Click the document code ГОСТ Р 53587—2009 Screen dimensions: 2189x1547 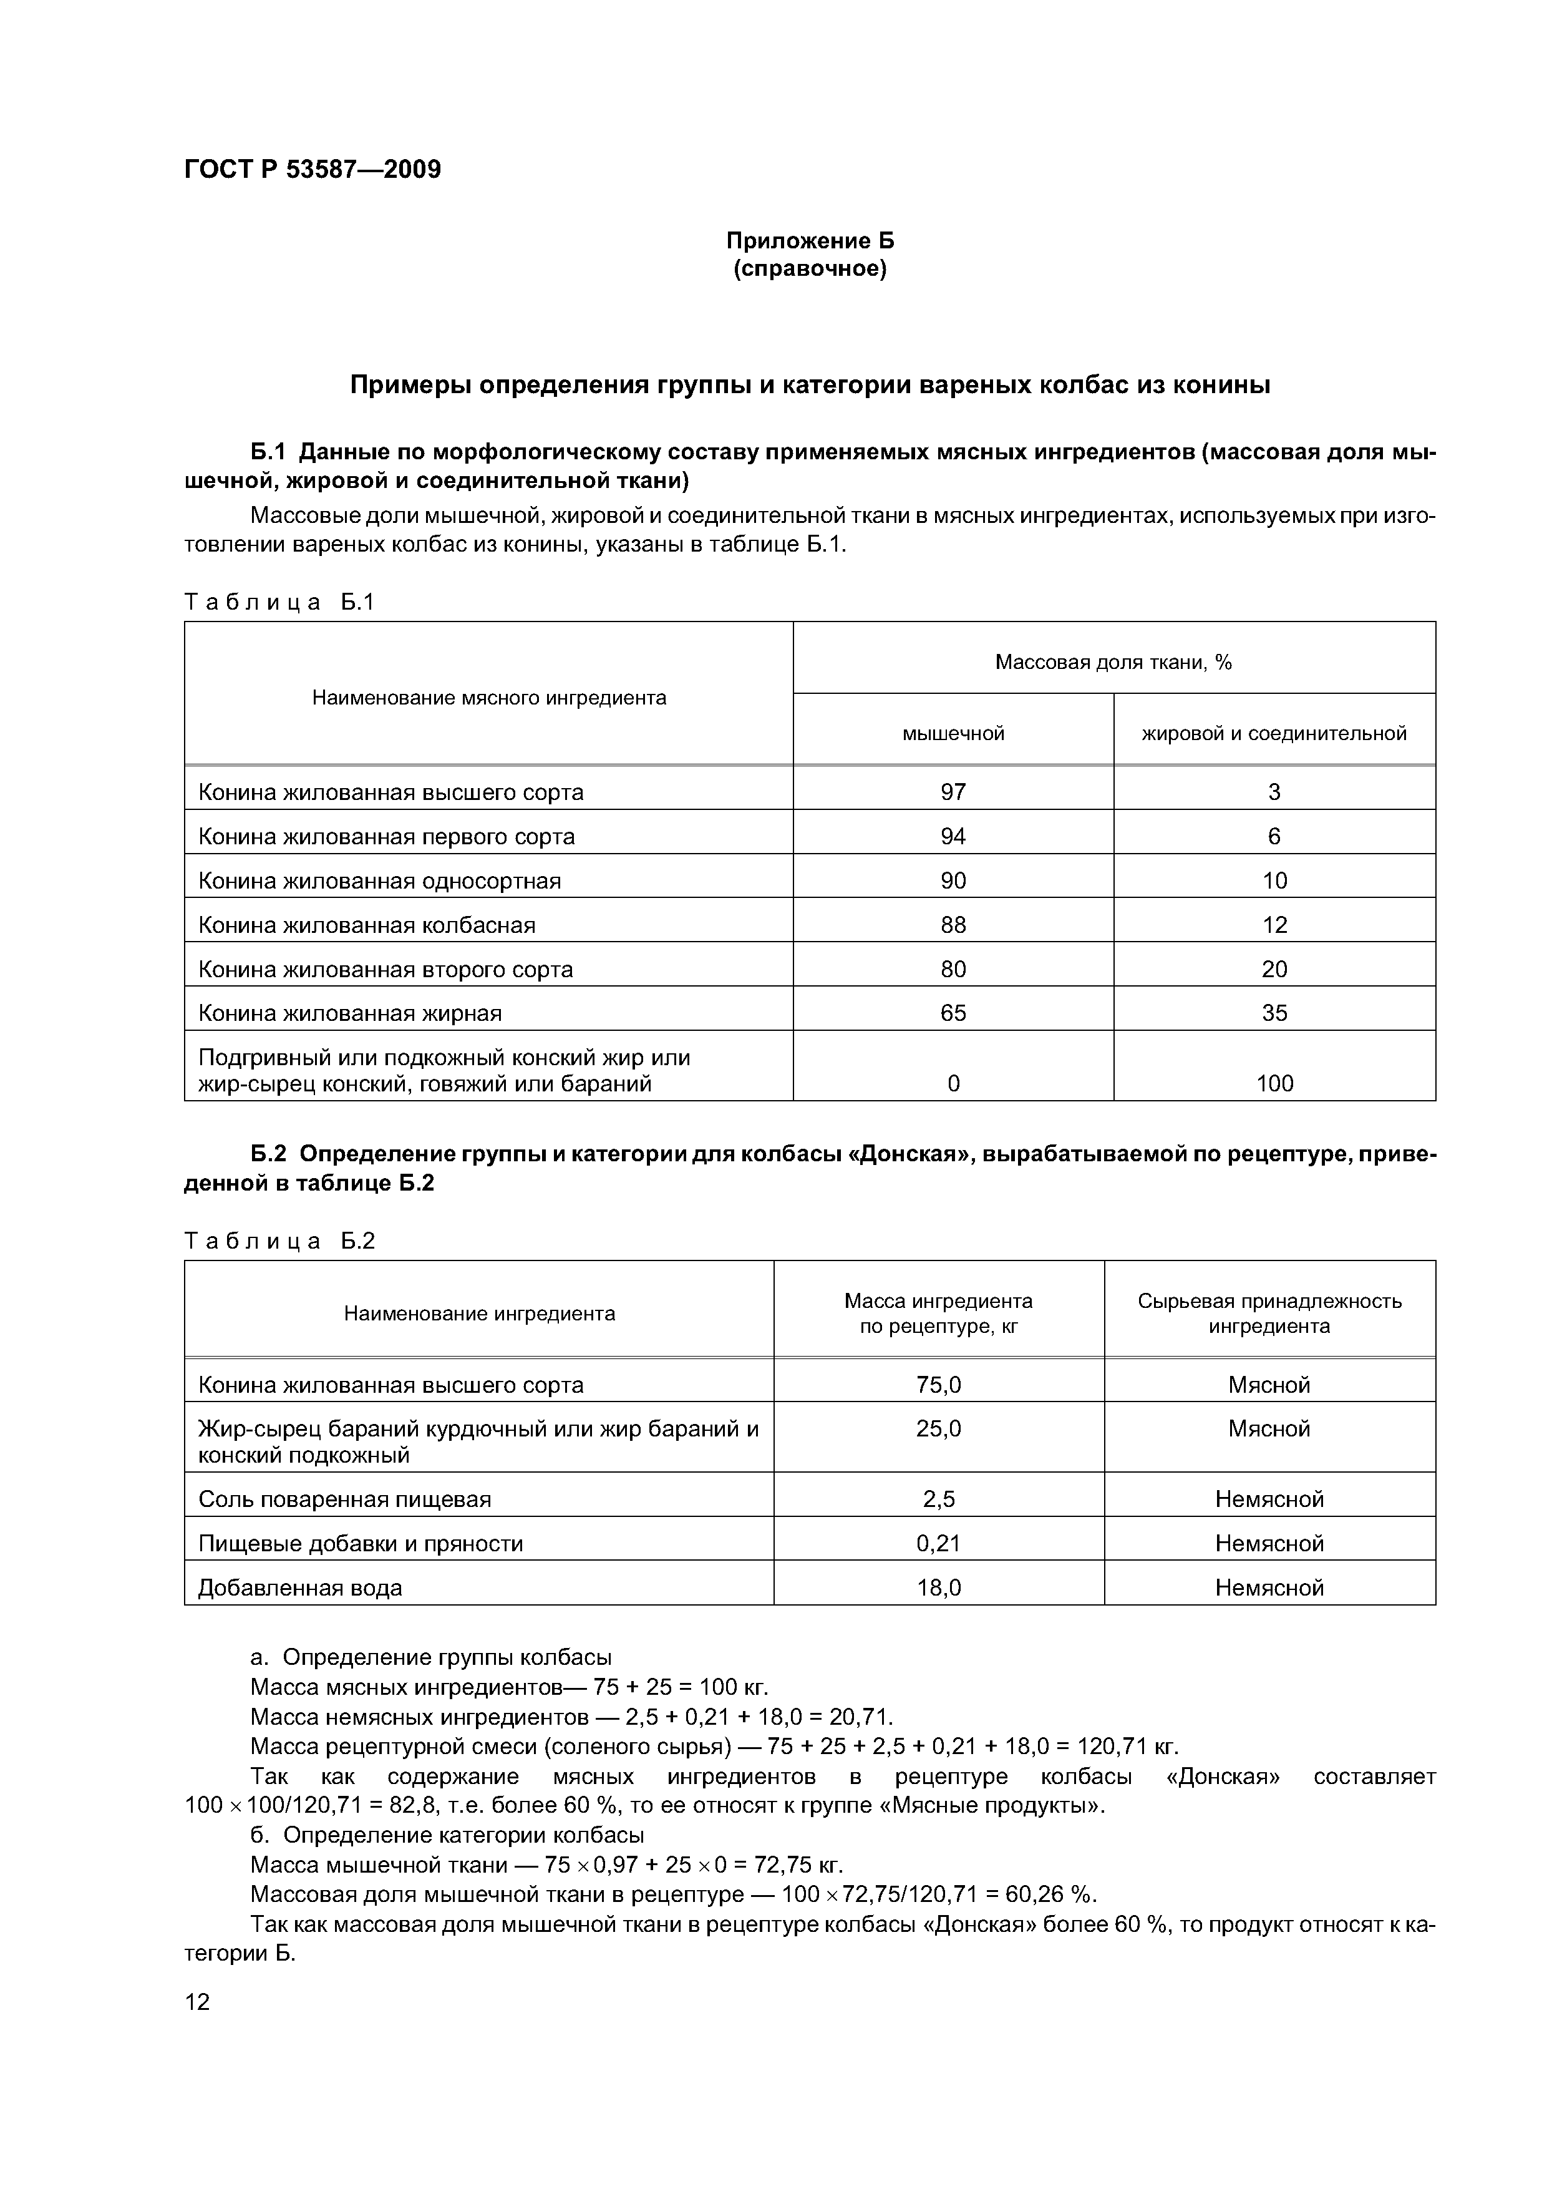tap(312, 170)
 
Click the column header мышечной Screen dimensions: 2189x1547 tap(953, 733)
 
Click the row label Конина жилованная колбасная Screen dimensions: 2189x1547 tap(366, 925)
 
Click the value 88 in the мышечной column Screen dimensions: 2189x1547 tap(953, 925)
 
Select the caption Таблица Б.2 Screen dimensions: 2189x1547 tap(280, 1241)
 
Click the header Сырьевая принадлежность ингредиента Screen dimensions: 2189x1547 tap(1269, 1313)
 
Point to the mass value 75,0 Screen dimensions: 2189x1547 tap(938, 1384)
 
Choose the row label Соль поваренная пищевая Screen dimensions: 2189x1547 tap(344, 1499)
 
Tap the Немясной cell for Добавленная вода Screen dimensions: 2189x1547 tap(1269, 1587)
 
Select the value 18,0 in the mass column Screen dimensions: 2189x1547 tap(938, 1587)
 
